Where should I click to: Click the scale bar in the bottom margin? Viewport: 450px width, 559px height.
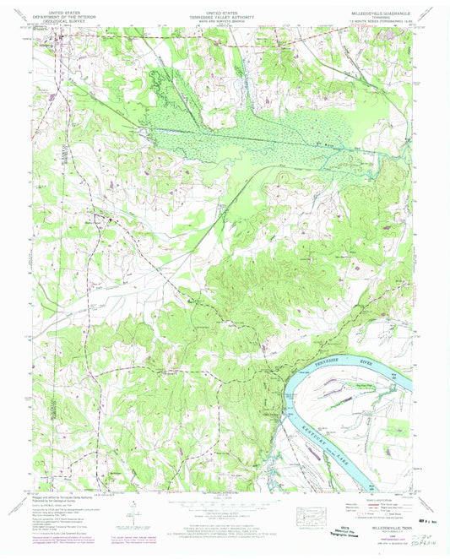tap(224, 502)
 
